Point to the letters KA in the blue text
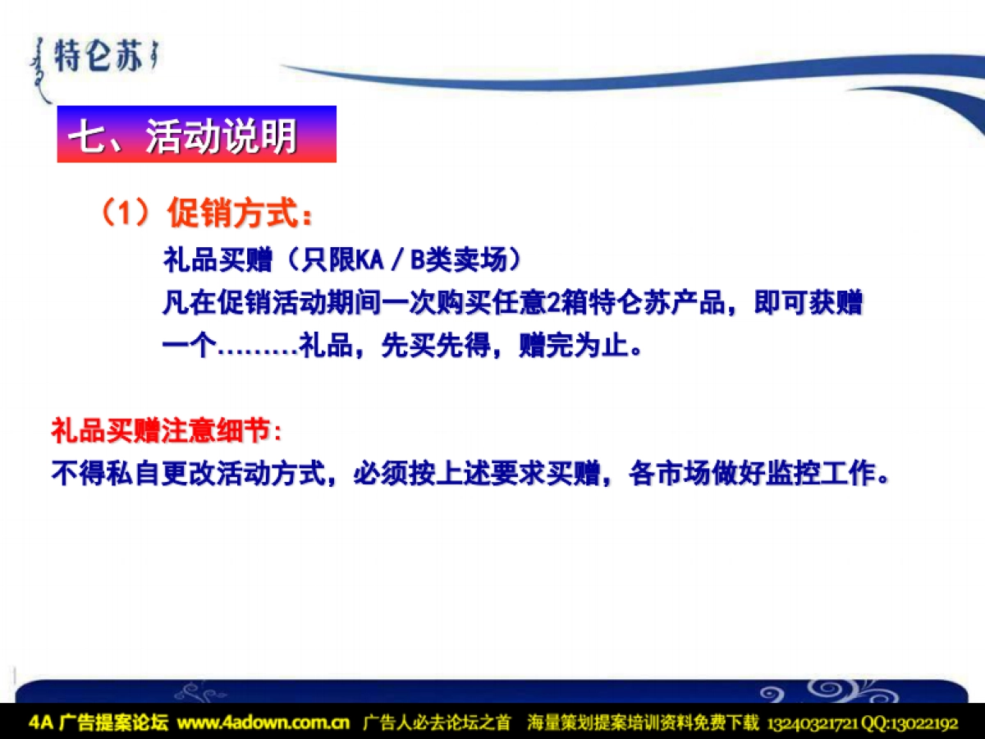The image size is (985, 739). pyautogui.click(x=369, y=259)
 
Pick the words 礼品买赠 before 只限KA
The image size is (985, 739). pyautogui.click(x=218, y=259)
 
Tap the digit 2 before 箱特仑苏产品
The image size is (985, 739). pyautogui.click(x=554, y=303)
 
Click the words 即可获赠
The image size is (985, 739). pyautogui.click(x=809, y=303)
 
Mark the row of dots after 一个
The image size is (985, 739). pyautogui.click(x=258, y=351)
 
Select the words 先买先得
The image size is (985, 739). pyautogui.click(x=436, y=345)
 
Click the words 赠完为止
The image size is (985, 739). pyautogui.click(x=574, y=345)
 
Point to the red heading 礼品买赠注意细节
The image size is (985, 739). pyautogui.click(x=161, y=430)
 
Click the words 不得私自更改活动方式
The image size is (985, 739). pyautogui.click(x=189, y=473)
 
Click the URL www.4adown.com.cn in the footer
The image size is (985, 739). pyautogui.click(x=263, y=723)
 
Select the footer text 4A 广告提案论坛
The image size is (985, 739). pyautogui.click(x=98, y=723)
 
